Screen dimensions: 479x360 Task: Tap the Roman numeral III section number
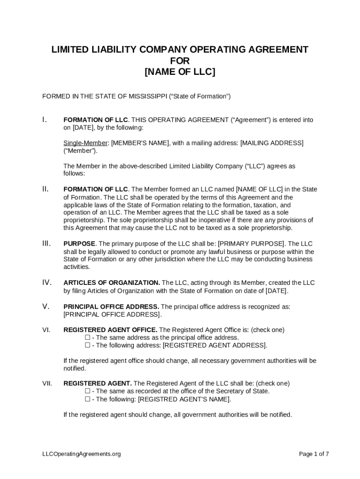coord(46,243)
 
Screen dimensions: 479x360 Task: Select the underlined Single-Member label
coord(86,143)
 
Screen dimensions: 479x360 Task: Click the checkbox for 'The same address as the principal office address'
coord(87,337)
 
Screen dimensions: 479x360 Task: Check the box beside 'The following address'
coord(87,345)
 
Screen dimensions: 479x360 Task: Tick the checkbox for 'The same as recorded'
coord(87,391)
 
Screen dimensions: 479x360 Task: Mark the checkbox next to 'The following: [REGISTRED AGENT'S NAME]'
coord(87,399)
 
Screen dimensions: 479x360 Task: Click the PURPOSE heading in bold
coord(79,244)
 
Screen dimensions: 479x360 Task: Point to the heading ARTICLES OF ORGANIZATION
coord(112,283)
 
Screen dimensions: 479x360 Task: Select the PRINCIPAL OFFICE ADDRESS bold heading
coord(111,306)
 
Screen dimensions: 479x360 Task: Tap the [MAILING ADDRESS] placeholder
coord(272,143)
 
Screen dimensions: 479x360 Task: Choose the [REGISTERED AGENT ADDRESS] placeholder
coord(215,345)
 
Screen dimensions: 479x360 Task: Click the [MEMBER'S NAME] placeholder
coord(140,143)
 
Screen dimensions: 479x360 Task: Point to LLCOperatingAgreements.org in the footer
coord(81,454)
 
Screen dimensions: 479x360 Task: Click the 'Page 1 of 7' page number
coord(314,454)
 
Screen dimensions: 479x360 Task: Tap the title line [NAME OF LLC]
coord(180,72)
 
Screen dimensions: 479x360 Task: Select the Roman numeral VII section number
coord(47,383)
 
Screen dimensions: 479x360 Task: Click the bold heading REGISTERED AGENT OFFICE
coord(110,330)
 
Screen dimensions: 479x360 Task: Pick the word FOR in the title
coord(180,61)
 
